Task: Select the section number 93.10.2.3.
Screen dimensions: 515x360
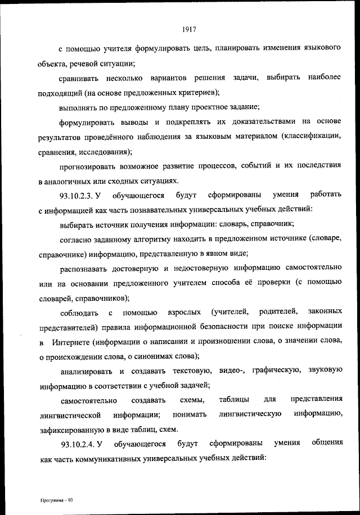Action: coord(75,196)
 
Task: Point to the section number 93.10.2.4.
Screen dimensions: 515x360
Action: coord(75,444)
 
